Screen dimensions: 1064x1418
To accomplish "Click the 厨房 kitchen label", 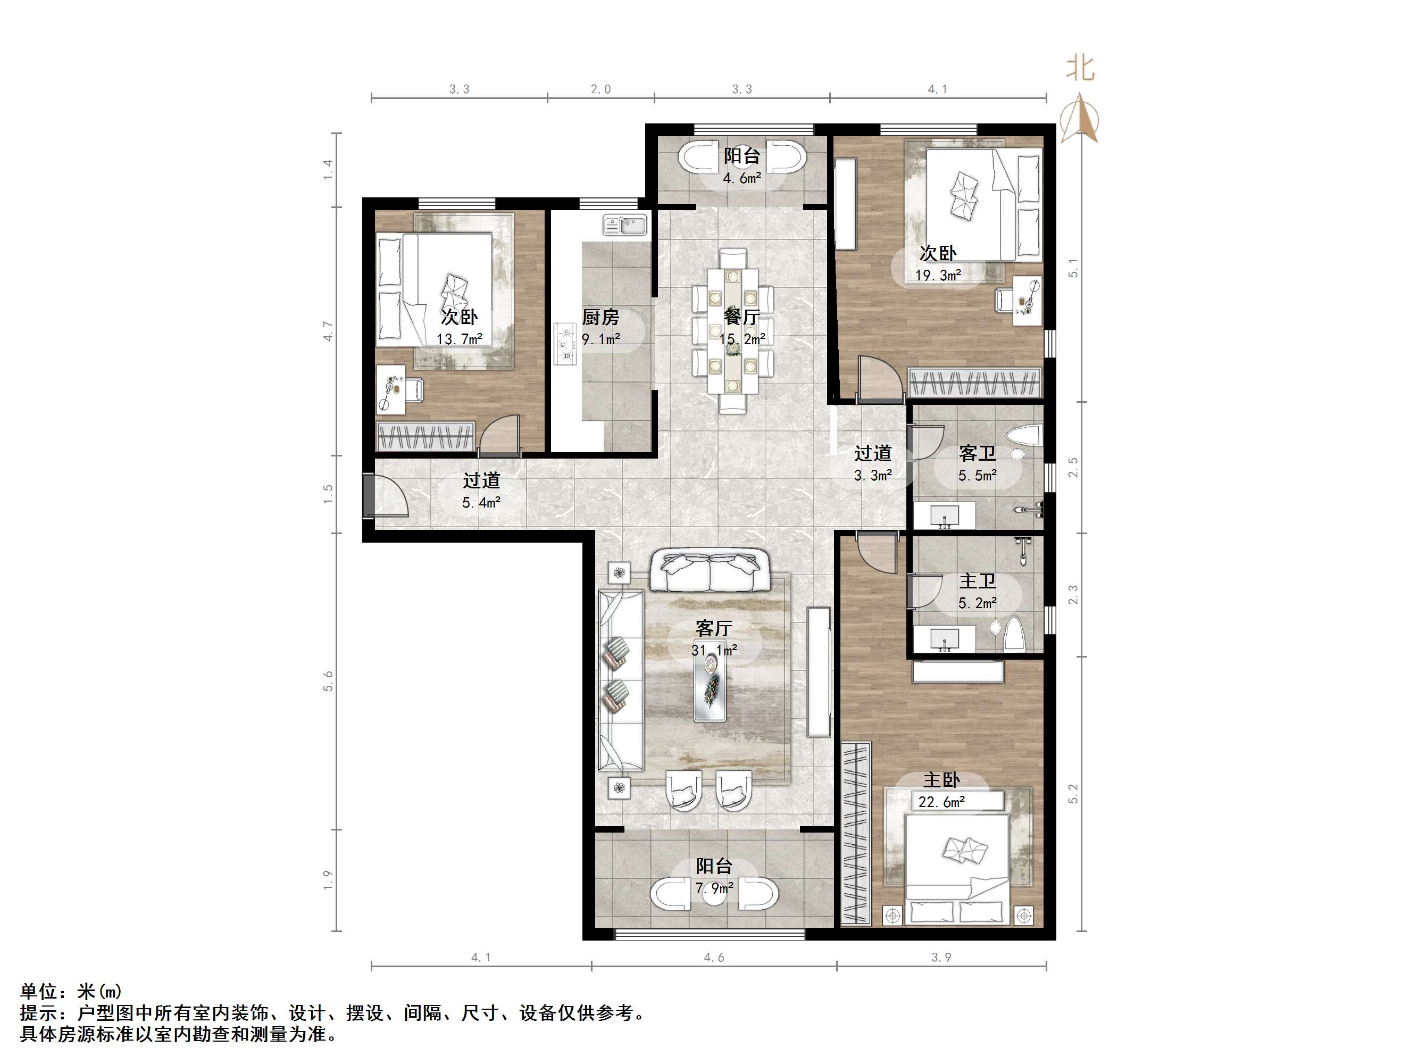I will (x=600, y=317).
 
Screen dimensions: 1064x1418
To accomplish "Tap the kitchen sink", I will (x=625, y=226).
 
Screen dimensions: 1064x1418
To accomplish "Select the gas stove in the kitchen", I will (x=565, y=343).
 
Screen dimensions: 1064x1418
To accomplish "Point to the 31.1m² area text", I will (x=713, y=650).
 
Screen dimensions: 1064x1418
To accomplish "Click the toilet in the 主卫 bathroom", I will (x=1014, y=634).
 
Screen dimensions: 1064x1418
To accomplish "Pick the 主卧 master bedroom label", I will (x=941, y=780).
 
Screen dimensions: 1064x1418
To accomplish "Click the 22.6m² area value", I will (x=941, y=802).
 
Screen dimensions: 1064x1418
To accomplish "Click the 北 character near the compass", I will (x=1080, y=68).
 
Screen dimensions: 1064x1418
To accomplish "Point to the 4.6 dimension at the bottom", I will (x=713, y=958).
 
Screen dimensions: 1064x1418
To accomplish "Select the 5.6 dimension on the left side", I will (x=328, y=681).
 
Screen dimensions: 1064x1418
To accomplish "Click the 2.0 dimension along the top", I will (x=600, y=89).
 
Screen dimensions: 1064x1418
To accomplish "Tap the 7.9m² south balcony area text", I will (x=713, y=888).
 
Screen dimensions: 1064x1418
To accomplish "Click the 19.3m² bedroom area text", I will (x=937, y=275).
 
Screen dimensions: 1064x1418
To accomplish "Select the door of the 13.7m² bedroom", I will (x=500, y=436).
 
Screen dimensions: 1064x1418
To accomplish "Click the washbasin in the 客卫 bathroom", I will (x=944, y=515).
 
